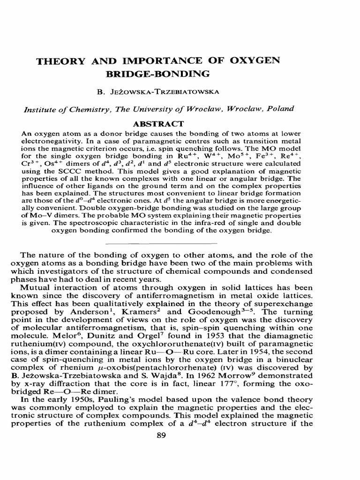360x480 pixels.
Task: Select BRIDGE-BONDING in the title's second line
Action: click(x=159, y=74)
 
